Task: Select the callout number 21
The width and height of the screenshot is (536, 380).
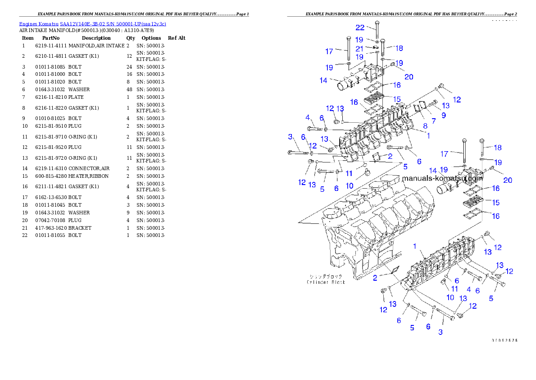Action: click(360, 48)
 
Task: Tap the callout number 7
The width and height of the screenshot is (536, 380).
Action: click(433, 121)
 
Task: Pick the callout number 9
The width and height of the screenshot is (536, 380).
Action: click(443, 115)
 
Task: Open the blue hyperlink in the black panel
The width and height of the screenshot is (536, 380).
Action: click(92, 23)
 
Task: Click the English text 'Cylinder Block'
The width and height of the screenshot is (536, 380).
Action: click(326, 282)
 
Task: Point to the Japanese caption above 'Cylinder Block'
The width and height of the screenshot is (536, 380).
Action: click(325, 276)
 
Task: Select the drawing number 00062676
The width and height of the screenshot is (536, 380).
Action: click(504, 340)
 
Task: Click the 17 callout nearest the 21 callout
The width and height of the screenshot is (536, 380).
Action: click(329, 51)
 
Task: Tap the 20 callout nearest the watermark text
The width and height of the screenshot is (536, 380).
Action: click(508, 180)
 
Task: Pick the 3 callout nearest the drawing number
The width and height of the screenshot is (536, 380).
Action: click(440, 332)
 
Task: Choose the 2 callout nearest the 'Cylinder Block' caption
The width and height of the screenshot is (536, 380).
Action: click(375, 278)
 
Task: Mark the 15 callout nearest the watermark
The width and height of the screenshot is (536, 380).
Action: click(495, 203)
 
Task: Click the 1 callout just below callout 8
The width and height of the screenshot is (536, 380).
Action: click(428, 135)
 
